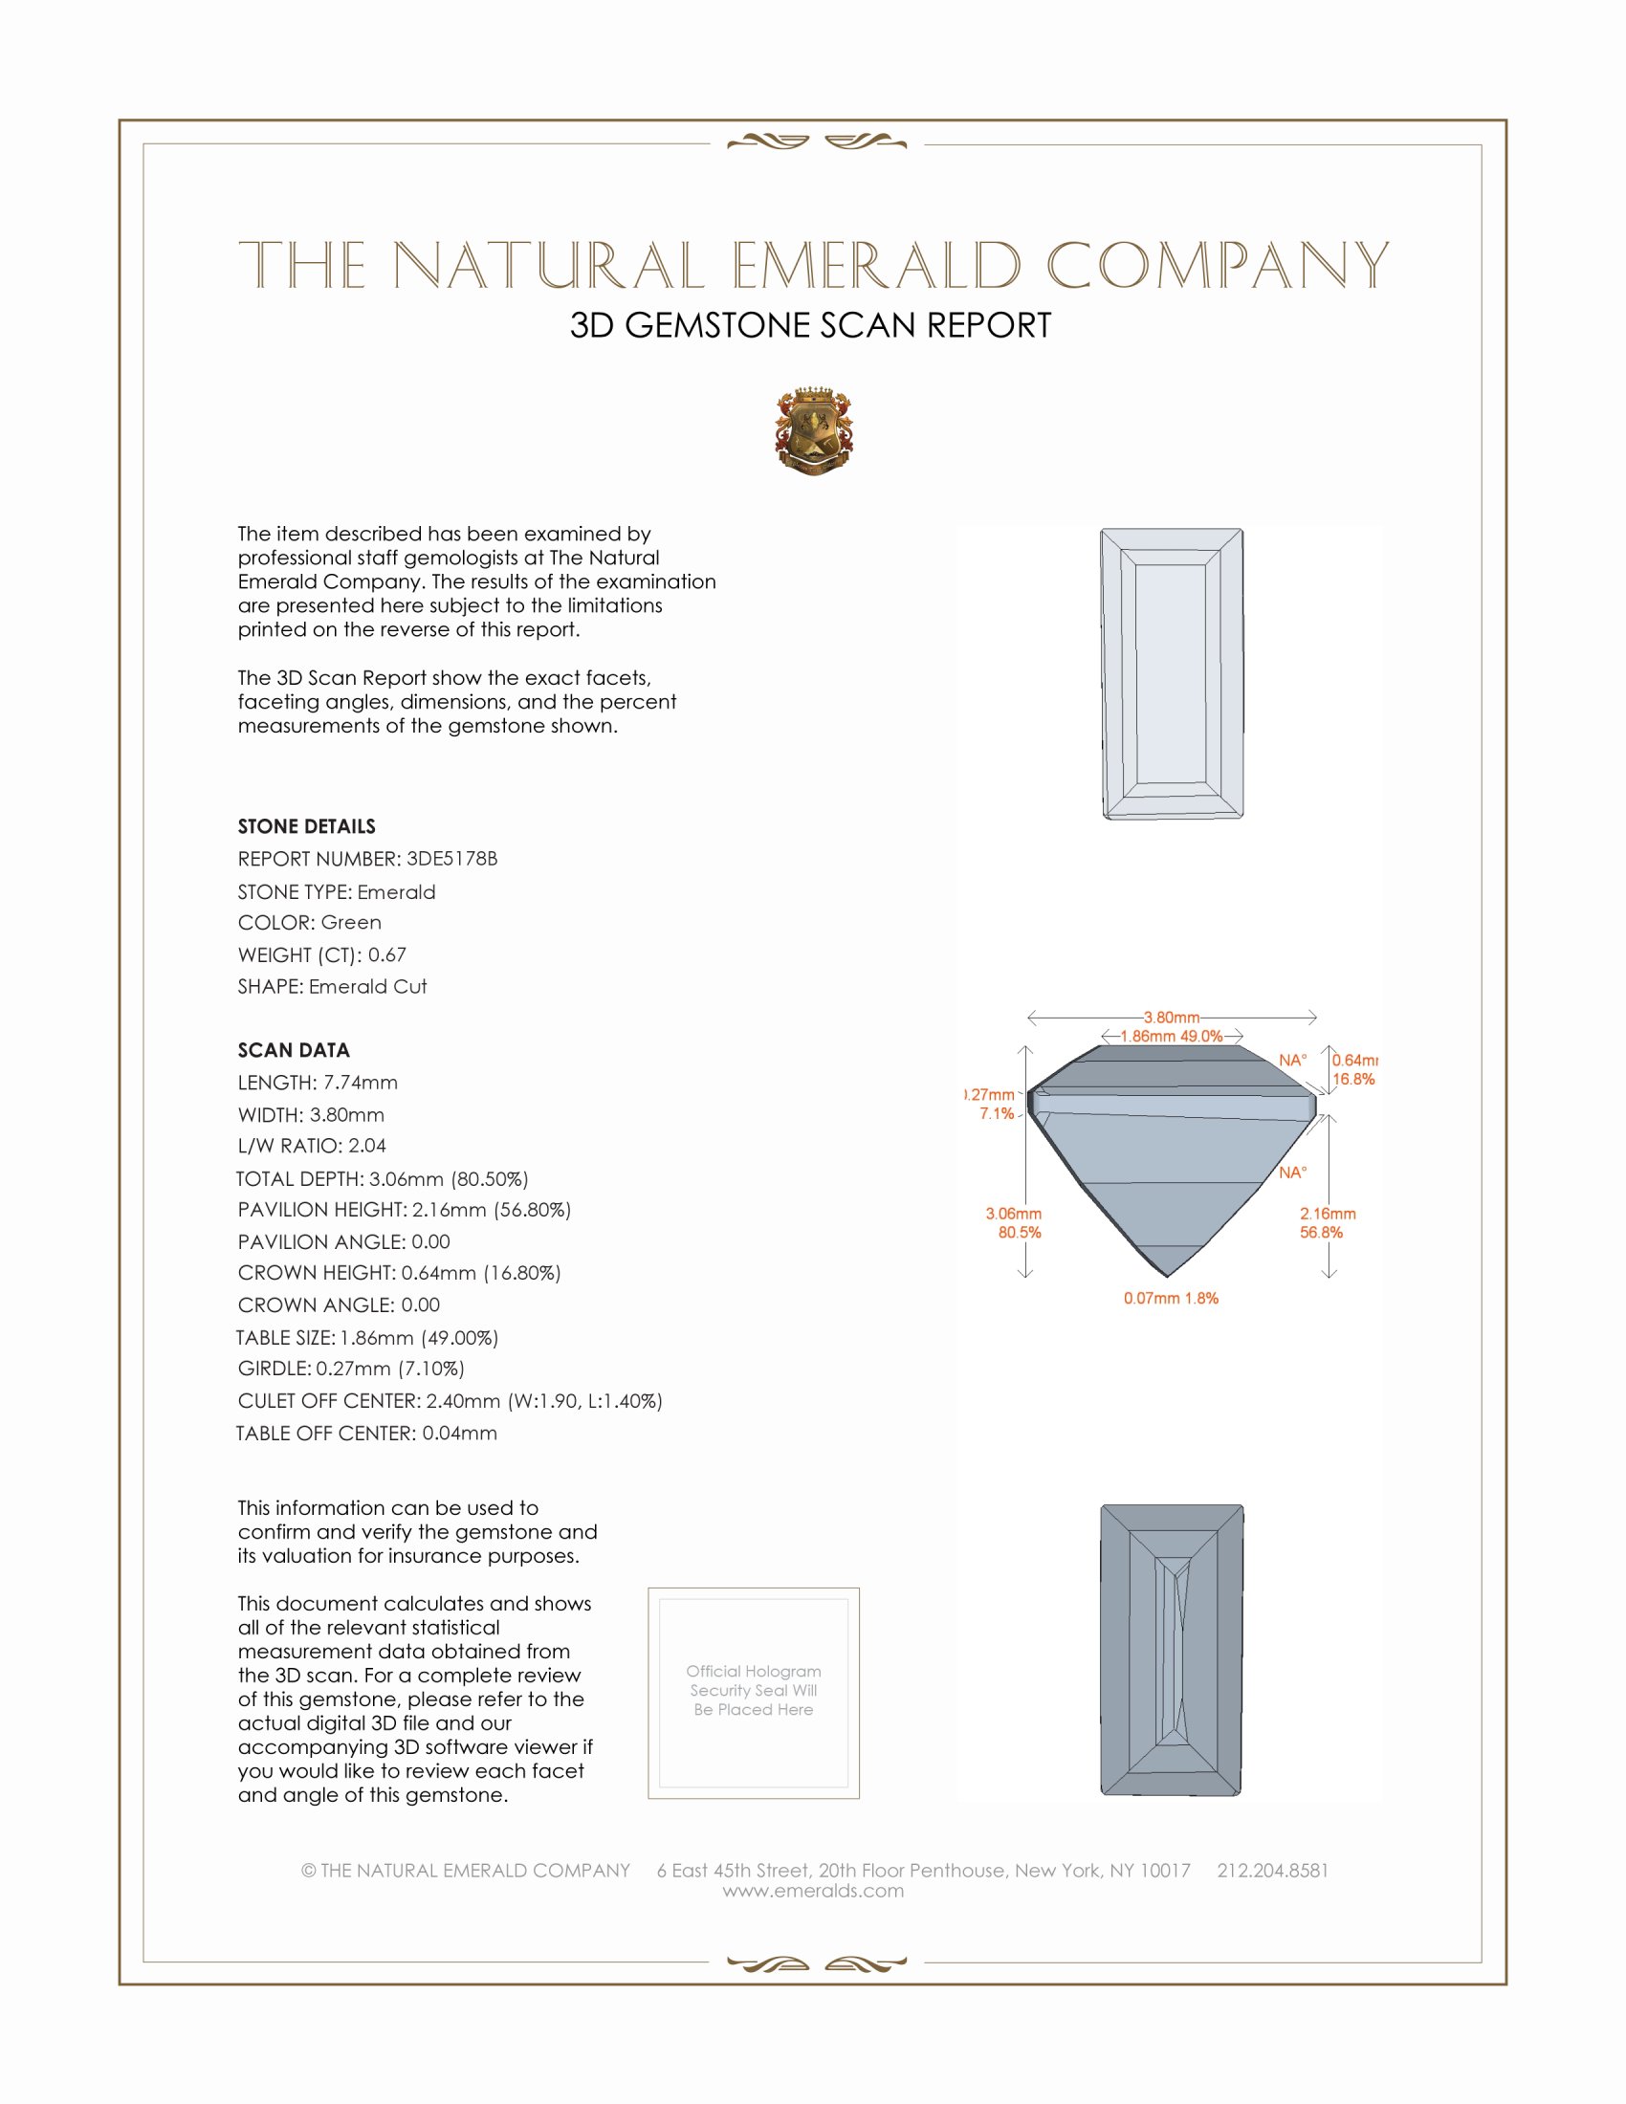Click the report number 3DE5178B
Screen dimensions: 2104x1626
(x=451, y=859)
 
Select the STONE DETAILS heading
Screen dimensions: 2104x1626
(x=306, y=826)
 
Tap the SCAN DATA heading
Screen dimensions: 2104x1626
(x=294, y=1050)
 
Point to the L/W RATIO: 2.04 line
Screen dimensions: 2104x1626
(x=312, y=1146)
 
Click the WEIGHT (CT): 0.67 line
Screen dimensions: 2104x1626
(x=321, y=954)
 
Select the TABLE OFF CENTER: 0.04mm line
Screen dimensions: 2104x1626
(x=367, y=1433)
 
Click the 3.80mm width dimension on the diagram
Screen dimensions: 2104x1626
(x=1172, y=1018)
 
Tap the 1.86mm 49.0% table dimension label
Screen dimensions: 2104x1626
(x=1172, y=1037)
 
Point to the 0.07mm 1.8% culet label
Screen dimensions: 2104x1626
(x=1171, y=1299)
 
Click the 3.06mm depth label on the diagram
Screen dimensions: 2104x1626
(x=1013, y=1214)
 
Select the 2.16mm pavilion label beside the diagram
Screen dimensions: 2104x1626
(x=1328, y=1214)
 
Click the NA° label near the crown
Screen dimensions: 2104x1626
(x=1293, y=1061)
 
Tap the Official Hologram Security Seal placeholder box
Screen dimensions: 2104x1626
(x=754, y=1693)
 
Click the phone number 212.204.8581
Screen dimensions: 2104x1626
(x=1272, y=1870)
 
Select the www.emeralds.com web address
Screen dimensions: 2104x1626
(x=813, y=1891)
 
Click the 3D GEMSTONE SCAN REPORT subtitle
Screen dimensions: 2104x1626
(x=810, y=325)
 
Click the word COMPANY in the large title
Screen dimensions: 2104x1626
(x=1218, y=266)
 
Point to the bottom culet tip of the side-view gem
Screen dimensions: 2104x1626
(x=1168, y=1276)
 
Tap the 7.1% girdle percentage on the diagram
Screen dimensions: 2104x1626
(x=997, y=1113)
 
